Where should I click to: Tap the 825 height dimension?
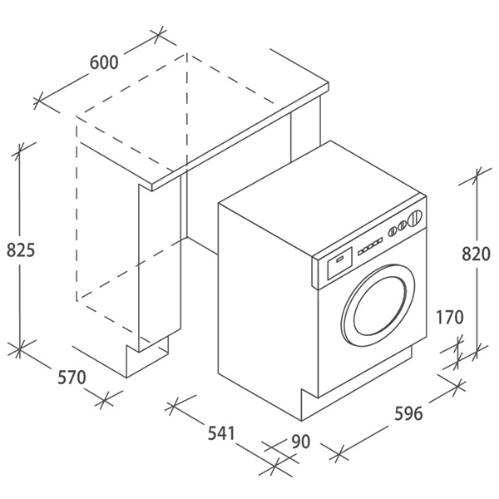click(20, 249)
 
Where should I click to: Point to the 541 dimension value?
click(221, 432)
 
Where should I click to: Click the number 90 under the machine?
click(300, 441)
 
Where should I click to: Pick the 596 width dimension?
click(408, 413)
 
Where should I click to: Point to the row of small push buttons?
click(371, 245)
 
